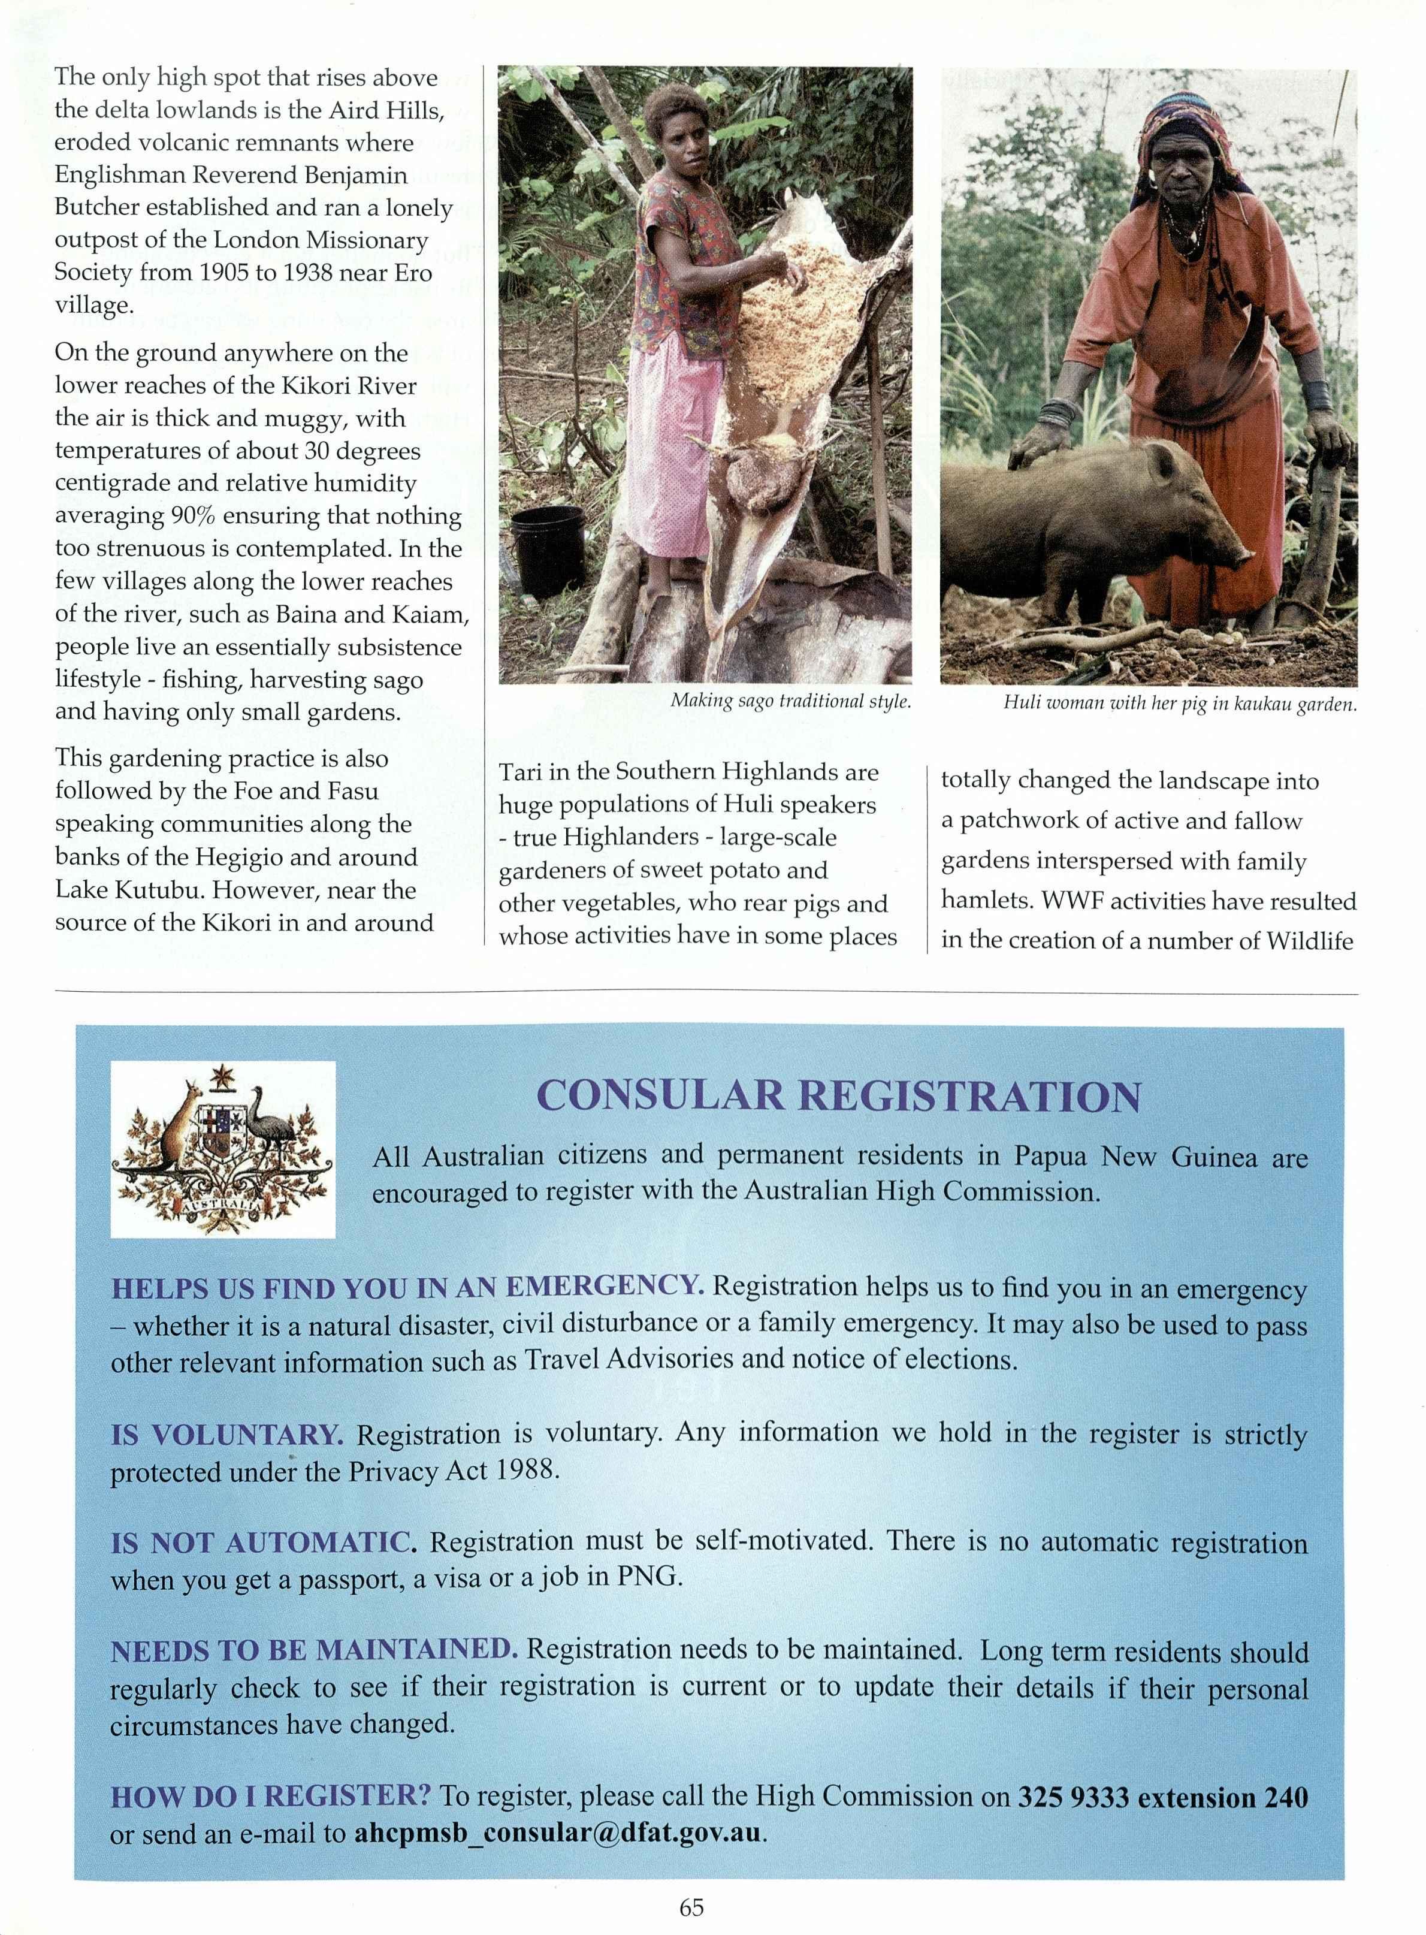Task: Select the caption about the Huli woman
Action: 1179,704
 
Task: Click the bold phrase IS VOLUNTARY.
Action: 227,1434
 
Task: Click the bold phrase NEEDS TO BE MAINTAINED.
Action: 313,1651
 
